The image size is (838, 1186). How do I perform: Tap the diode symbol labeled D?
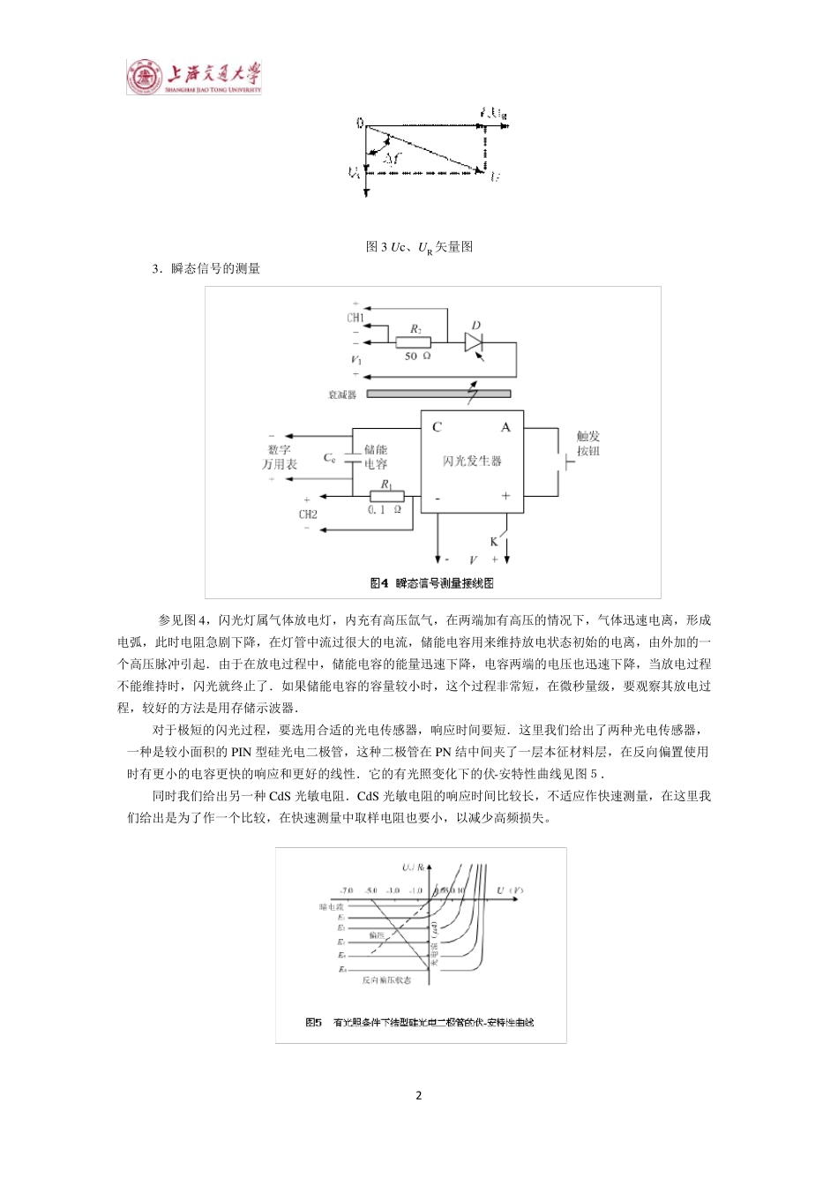click(x=476, y=342)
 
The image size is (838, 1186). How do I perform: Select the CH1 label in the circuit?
click(x=355, y=318)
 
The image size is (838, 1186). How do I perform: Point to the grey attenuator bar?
click(x=438, y=394)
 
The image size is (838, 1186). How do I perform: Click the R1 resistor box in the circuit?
click(x=386, y=496)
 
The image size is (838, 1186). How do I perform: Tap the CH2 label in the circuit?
click(x=308, y=514)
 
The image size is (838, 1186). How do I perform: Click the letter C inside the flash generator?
click(x=437, y=427)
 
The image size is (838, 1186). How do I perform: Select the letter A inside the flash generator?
click(x=505, y=427)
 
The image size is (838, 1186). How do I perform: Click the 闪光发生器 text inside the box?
click(x=472, y=461)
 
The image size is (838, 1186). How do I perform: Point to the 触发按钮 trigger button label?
click(x=588, y=443)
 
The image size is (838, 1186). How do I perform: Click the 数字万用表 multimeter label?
click(x=280, y=456)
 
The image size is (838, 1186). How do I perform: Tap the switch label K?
click(x=494, y=542)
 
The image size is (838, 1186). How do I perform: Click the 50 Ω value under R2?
click(x=417, y=357)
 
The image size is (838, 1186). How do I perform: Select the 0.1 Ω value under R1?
click(x=385, y=510)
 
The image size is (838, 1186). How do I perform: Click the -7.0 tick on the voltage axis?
click(x=346, y=891)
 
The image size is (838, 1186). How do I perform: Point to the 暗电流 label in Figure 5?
click(x=332, y=906)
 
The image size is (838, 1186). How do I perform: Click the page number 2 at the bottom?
click(x=418, y=1095)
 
